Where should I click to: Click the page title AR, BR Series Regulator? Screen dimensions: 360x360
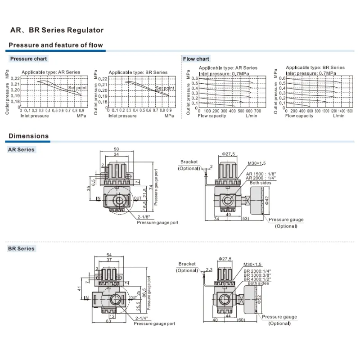point(57,31)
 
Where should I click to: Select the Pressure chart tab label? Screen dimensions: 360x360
point(28,59)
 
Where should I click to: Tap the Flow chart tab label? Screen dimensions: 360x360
point(196,59)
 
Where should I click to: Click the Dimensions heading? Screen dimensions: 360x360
point(29,136)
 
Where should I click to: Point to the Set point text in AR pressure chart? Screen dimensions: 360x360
point(76,88)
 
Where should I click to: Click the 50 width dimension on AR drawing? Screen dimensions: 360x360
point(117,149)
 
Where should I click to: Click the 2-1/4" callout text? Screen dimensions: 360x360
point(144,319)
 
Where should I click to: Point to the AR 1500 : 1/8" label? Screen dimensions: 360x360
point(261,174)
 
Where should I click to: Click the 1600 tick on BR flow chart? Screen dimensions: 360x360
point(350,111)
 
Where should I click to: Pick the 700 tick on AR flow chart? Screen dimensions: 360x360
point(257,111)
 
